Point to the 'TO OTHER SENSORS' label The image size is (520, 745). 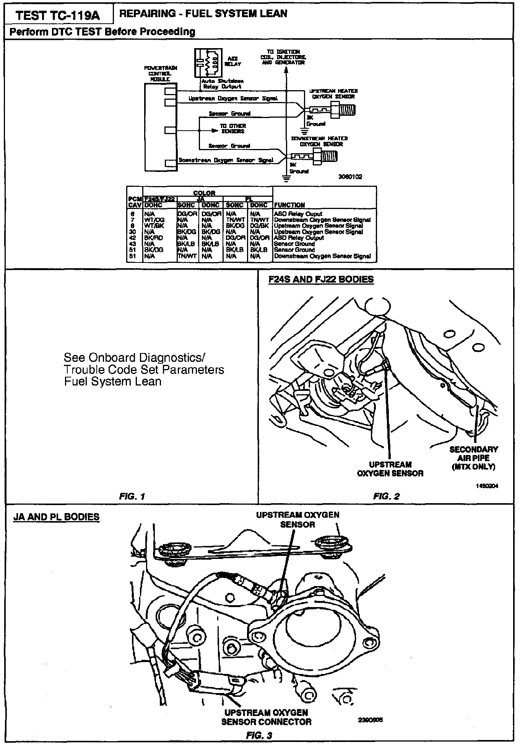tap(233, 128)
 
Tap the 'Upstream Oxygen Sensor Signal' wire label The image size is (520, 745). tap(233, 99)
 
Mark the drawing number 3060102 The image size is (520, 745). tap(350, 177)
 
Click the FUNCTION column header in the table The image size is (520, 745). tap(289, 205)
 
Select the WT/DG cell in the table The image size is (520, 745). tap(154, 220)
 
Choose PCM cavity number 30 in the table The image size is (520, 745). tap(133, 232)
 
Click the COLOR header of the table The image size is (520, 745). tap(204, 193)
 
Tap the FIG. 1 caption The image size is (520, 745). tap(132, 496)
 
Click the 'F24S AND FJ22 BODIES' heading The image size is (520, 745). tap(321, 280)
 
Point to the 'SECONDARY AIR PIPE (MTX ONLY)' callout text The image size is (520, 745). tap(473, 458)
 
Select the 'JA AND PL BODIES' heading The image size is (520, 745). tap(56, 517)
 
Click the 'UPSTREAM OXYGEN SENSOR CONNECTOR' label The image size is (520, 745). tap(266, 717)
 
